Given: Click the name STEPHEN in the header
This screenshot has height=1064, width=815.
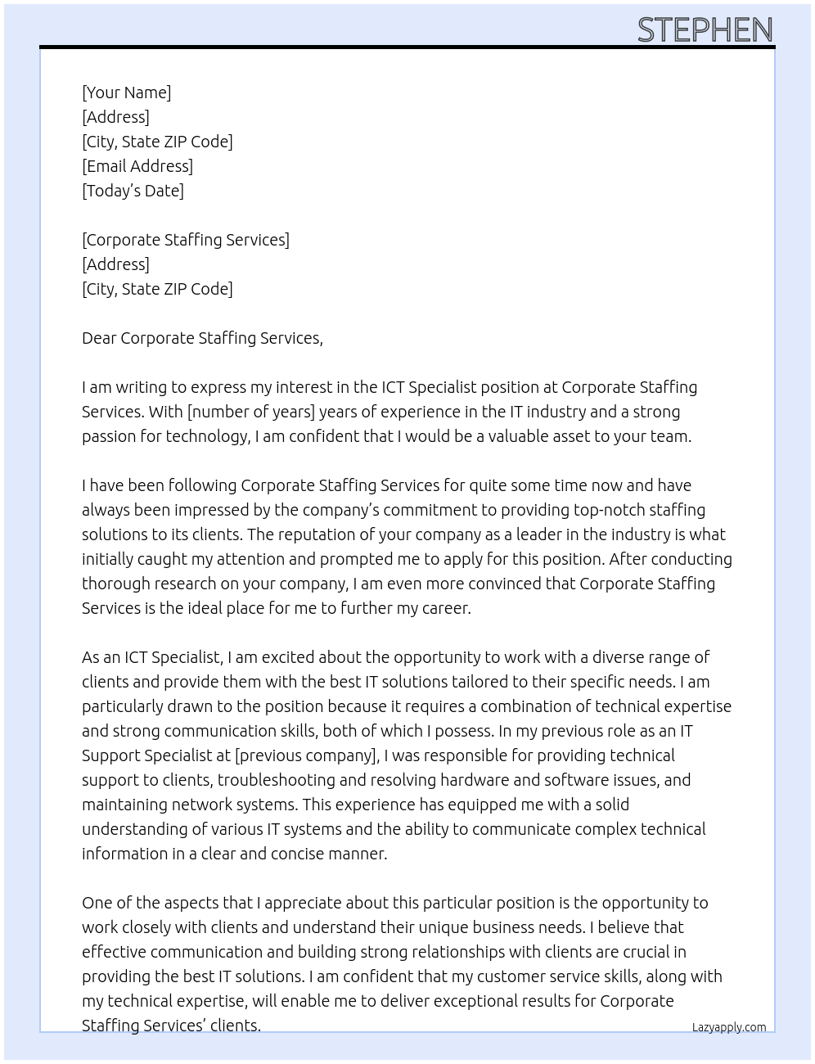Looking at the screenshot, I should tap(705, 30).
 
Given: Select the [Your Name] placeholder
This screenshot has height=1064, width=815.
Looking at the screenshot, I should tap(127, 92).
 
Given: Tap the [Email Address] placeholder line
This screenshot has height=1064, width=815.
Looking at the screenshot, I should tap(137, 166).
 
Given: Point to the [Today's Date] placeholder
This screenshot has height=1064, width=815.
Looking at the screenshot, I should tap(133, 191).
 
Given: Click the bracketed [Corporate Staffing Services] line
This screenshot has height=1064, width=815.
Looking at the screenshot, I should tap(186, 240).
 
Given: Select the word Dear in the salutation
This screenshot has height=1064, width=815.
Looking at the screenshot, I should tap(99, 338).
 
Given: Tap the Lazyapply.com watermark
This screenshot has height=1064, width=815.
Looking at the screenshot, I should tap(729, 1027).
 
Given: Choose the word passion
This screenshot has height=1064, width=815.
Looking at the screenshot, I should tap(109, 436).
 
